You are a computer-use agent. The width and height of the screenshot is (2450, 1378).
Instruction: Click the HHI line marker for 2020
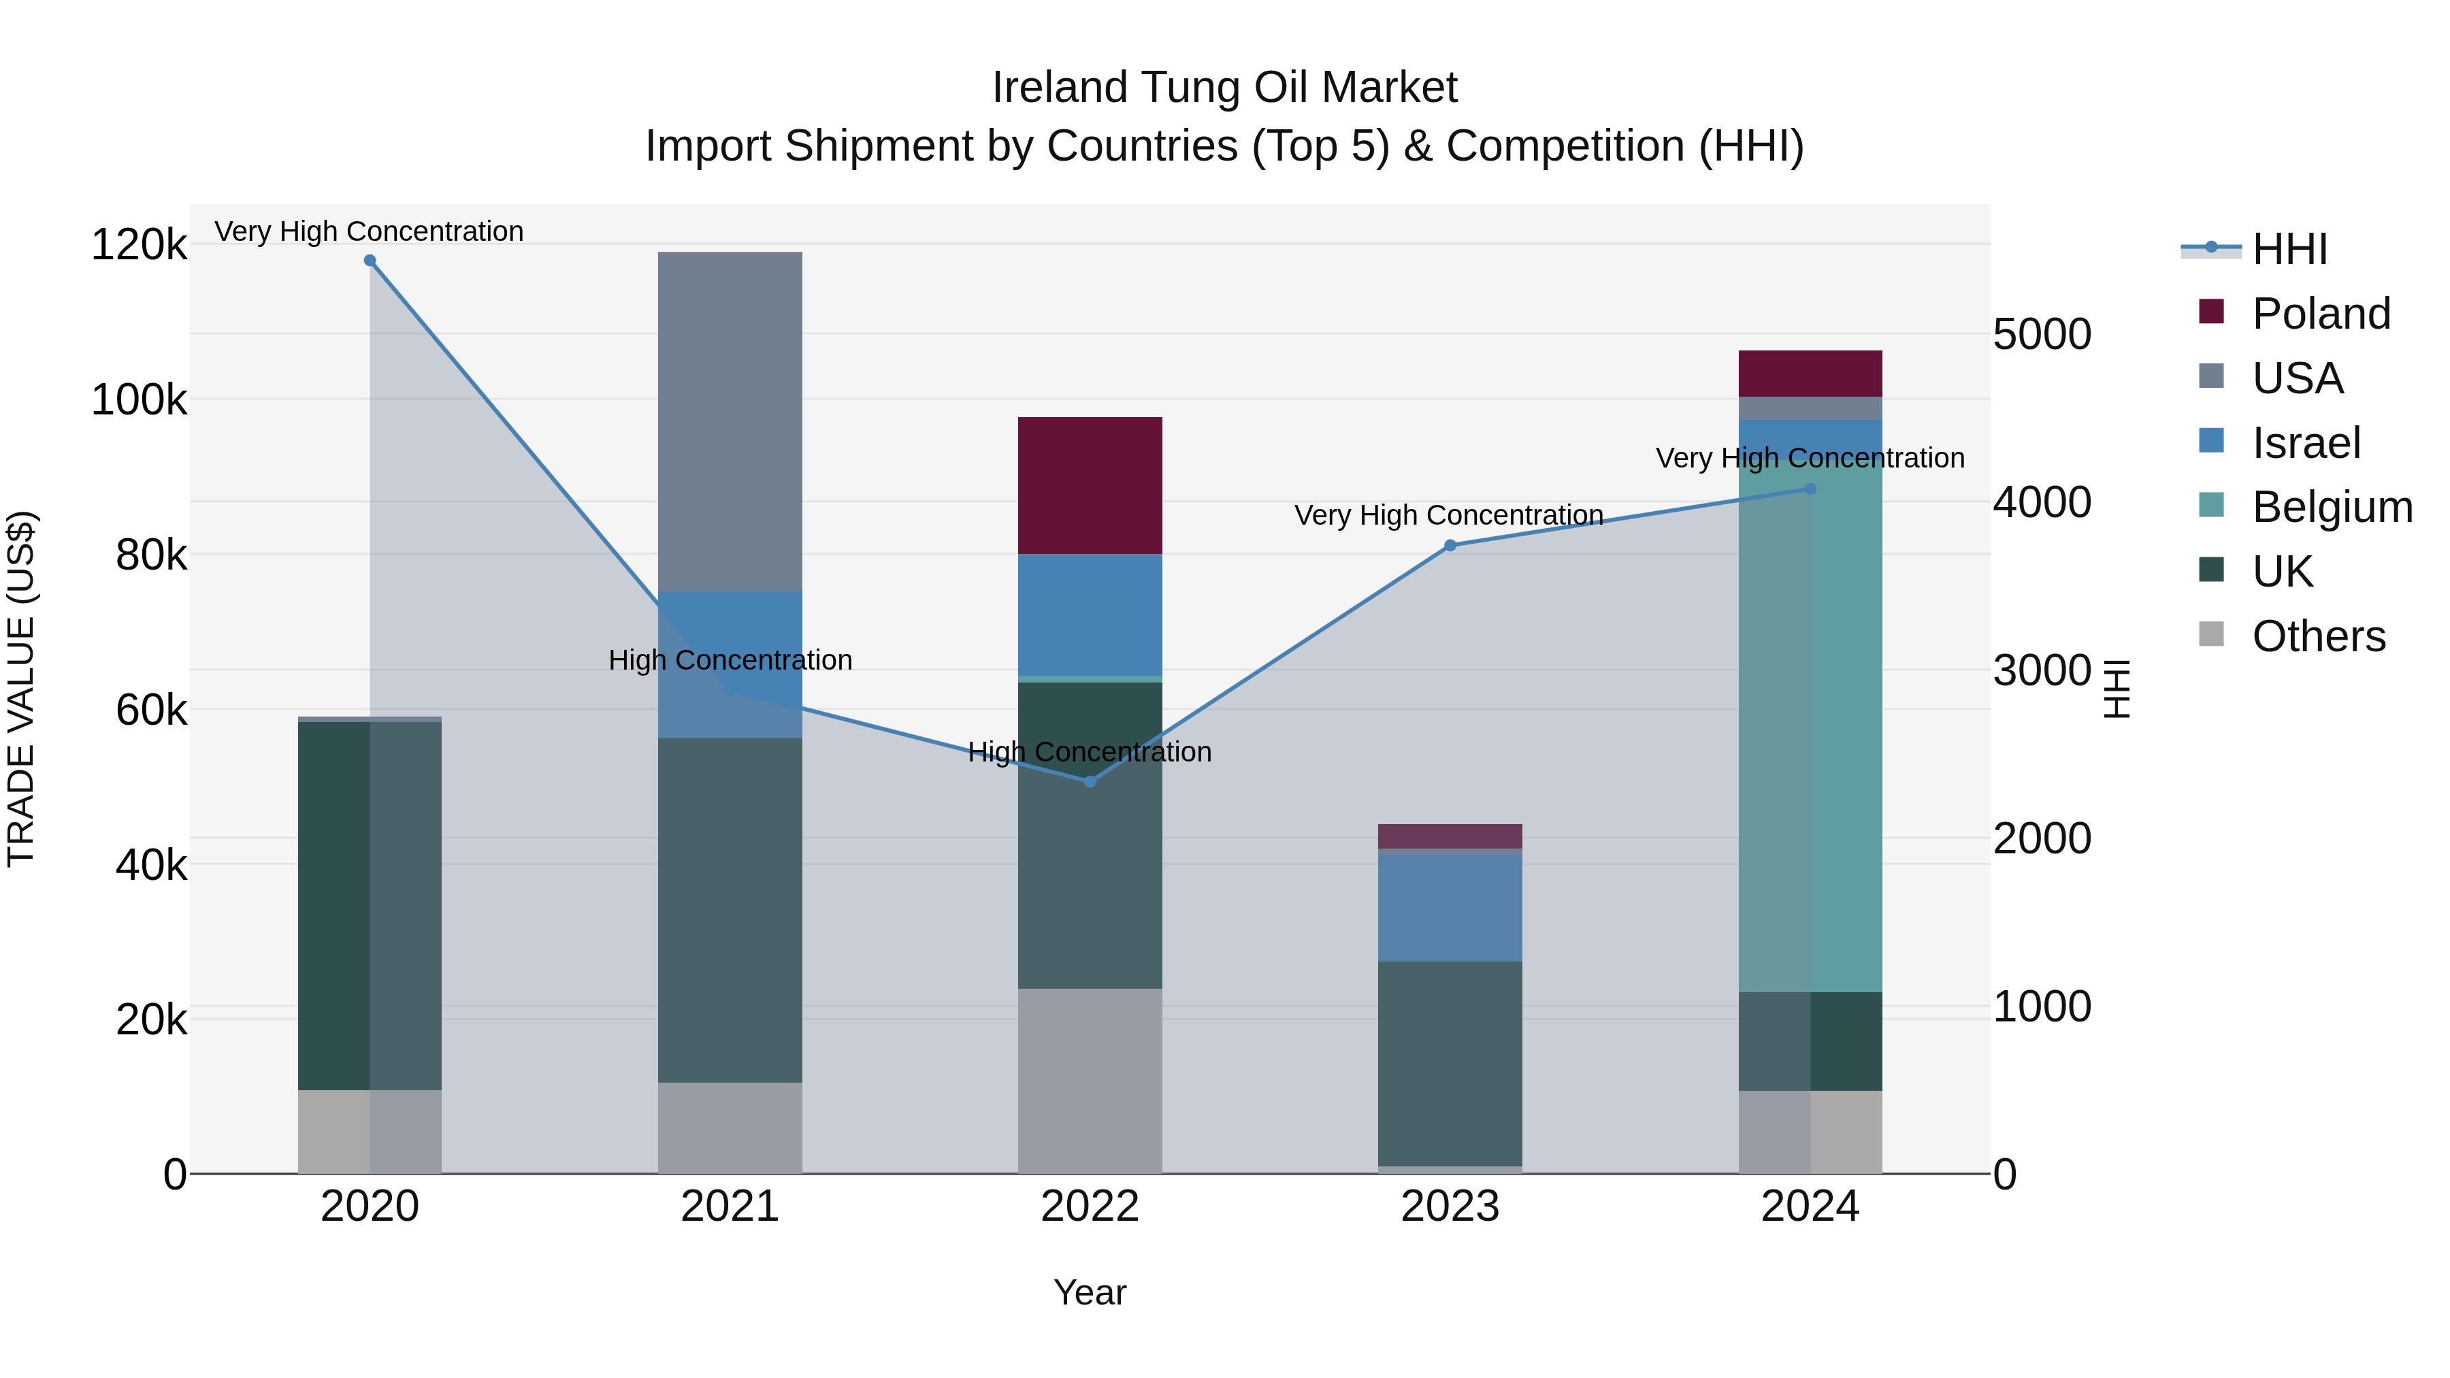(x=370, y=261)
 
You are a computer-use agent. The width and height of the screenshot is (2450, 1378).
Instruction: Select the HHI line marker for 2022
(x=1090, y=782)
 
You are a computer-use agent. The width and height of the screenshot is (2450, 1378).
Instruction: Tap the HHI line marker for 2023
(x=1450, y=546)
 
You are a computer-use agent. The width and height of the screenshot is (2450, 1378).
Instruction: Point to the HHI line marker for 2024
(x=1810, y=489)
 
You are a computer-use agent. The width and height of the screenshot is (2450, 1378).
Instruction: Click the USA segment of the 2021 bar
(x=730, y=422)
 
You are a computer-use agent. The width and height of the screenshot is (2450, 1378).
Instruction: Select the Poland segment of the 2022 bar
(x=1090, y=485)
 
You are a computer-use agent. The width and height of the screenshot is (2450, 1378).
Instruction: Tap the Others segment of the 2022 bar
(x=1090, y=1081)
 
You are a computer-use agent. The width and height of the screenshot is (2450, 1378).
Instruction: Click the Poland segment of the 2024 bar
(x=1810, y=374)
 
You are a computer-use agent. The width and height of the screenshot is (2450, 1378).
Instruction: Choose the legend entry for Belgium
(x=2332, y=507)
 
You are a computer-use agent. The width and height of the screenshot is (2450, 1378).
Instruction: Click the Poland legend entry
(x=2321, y=314)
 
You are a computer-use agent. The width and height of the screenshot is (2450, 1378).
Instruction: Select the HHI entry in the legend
(x=2289, y=249)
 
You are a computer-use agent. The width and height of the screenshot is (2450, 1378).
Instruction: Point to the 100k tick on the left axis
(x=139, y=400)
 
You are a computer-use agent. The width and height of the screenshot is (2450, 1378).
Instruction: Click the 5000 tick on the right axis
(x=2042, y=335)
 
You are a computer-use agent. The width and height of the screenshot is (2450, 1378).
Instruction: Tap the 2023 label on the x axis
(x=1450, y=1207)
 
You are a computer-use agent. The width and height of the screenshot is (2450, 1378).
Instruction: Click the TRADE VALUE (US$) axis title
(x=22, y=689)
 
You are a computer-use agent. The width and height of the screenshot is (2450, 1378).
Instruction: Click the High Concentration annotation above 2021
(x=730, y=660)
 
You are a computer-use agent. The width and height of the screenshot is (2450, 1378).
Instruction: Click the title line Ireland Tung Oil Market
(x=1224, y=88)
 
